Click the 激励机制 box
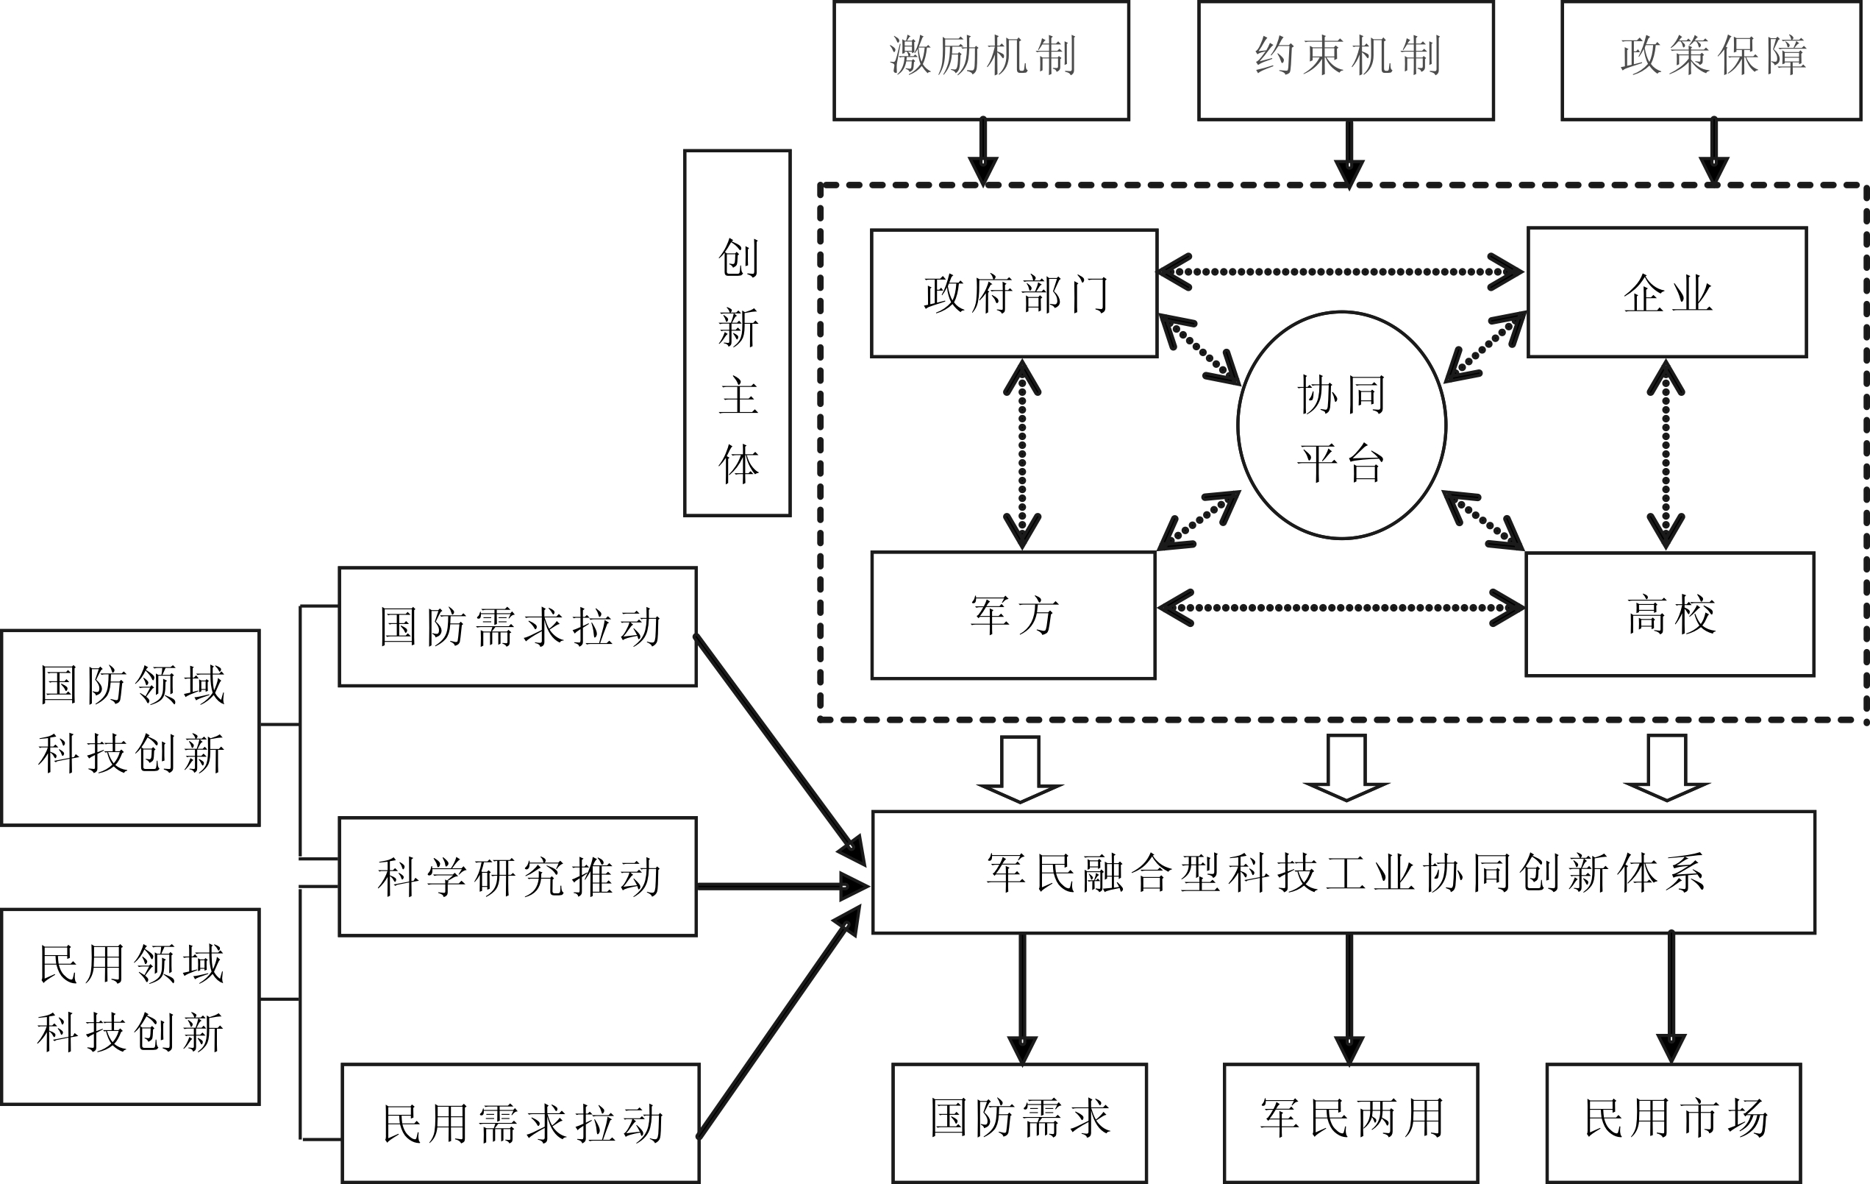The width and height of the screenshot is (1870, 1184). pyautogui.click(x=981, y=60)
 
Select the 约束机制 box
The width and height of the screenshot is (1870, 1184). pyautogui.click(x=1346, y=60)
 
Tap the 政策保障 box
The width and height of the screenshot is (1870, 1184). pyautogui.click(x=1712, y=60)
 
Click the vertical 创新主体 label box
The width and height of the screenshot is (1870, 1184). pyautogui.click(x=737, y=333)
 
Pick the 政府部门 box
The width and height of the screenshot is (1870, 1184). pyautogui.click(x=1014, y=294)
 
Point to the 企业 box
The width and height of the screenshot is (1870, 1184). pyautogui.click(x=1667, y=292)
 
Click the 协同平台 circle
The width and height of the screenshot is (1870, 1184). pyautogui.click(x=1341, y=425)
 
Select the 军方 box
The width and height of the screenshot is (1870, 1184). pyautogui.click(x=1013, y=615)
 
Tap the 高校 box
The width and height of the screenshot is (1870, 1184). pyautogui.click(x=1670, y=614)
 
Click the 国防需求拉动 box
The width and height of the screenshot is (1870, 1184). pyautogui.click(x=518, y=627)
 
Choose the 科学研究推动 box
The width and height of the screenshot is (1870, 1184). pyautogui.click(x=518, y=876)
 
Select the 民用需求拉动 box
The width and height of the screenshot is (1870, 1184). pyautogui.click(x=521, y=1124)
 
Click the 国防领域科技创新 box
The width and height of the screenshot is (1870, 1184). pyautogui.click(x=130, y=727)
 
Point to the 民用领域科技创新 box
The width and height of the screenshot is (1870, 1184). pyautogui.click(x=130, y=1006)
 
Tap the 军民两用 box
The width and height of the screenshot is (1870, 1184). pyautogui.click(x=1350, y=1124)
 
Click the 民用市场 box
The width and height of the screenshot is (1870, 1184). pyautogui.click(x=1674, y=1124)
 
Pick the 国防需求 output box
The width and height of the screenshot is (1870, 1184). pyautogui.click(x=1020, y=1124)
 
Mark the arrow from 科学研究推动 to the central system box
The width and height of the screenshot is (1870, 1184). pyautogui.click(x=780, y=886)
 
